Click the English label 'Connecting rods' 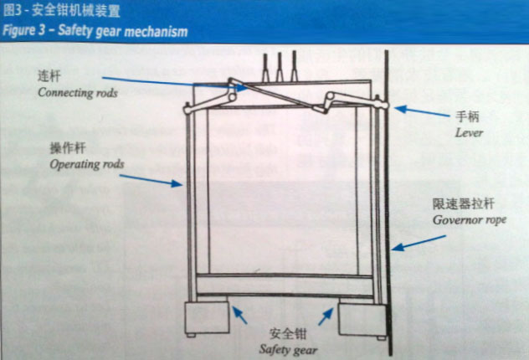click(x=78, y=93)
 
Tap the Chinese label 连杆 click(x=49, y=76)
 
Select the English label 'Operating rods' click(x=87, y=164)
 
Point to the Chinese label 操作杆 click(x=68, y=148)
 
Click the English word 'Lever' click(x=469, y=133)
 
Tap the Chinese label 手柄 click(x=467, y=116)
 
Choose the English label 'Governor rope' click(x=470, y=220)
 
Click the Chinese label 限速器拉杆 click(x=464, y=203)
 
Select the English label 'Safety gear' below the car click(x=288, y=350)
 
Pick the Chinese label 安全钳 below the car click(x=288, y=334)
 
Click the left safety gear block click(x=207, y=317)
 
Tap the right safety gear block click(x=362, y=319)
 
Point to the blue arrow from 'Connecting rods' click(x=176, y=84)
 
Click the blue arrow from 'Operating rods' click(x=152, y=181)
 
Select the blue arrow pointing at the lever click(x=422, y=111)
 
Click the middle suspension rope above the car click(x=280, y=67)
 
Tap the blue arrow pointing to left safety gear click(x=239, y=315)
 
